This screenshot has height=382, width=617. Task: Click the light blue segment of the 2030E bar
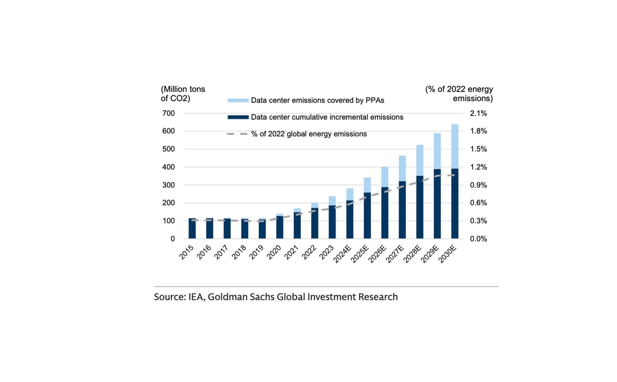(x=454, y=146)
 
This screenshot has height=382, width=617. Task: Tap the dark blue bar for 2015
(x=192, y=228)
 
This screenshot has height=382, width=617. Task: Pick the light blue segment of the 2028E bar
(x=419, y=160)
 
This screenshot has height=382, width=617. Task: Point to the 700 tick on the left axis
(x=168, y=113)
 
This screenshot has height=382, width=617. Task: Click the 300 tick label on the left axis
(x=168, y=185)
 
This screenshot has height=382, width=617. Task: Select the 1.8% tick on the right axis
(x=478, y=131)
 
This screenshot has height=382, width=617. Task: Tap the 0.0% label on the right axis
(x=478, y=239)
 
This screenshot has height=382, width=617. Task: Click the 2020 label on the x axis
(x=274, y=252)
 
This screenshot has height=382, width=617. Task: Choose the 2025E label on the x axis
(x=360, y=254)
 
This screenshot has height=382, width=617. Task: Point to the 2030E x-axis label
(x=447, y=254)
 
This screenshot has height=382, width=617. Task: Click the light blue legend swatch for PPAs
(x=238, y=101)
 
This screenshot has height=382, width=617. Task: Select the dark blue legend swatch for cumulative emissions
(x=238, y=117)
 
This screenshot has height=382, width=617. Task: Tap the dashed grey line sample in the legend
(x=237, y=134)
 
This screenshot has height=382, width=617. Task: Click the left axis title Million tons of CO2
(x=183, y=93)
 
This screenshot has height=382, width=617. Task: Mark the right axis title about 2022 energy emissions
(x=459, y=93)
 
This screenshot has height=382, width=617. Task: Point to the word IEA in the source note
(x=196, y=297)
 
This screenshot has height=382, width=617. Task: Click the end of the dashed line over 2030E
(x=454, y=175)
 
